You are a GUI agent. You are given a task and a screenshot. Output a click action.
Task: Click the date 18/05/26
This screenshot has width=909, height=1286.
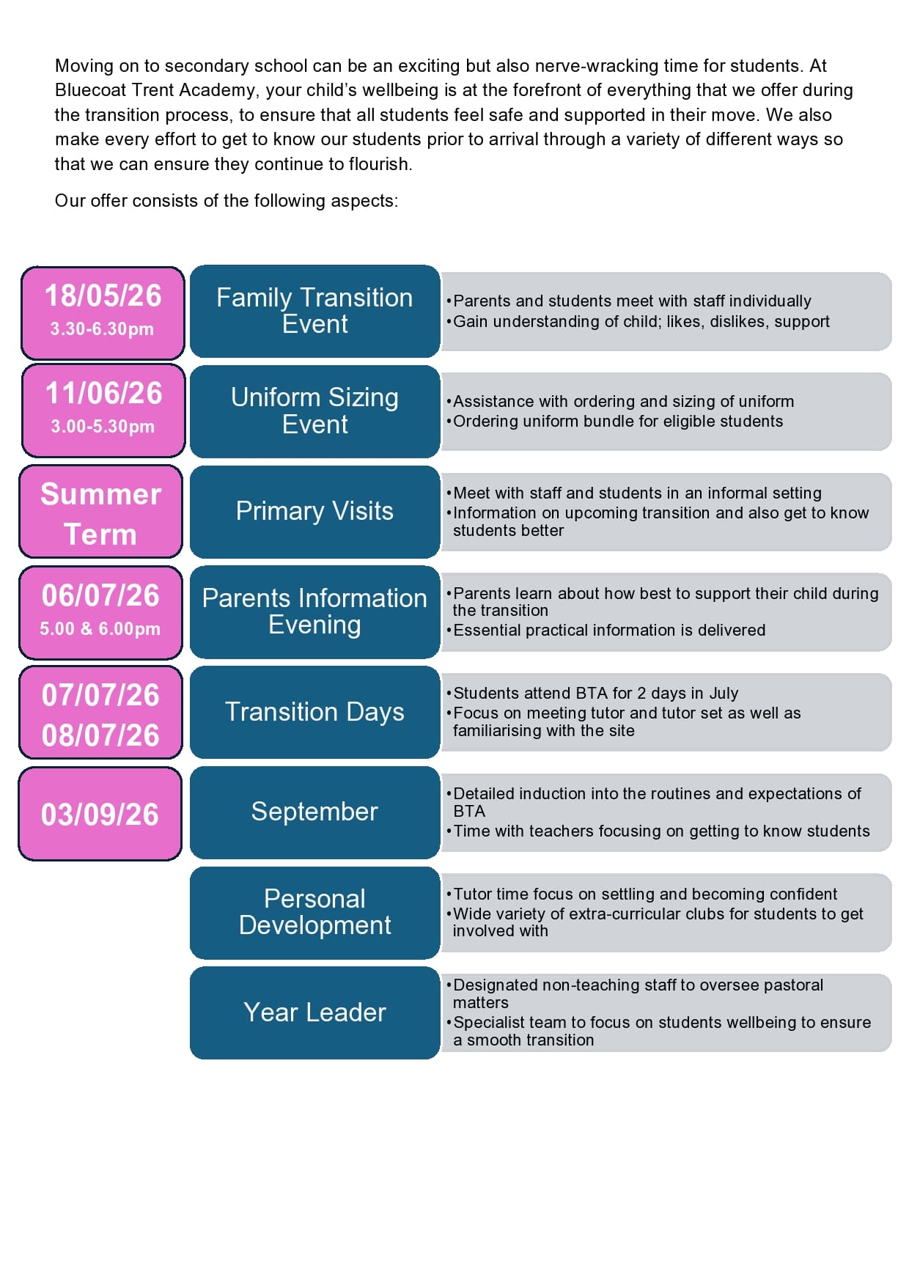point(103,296)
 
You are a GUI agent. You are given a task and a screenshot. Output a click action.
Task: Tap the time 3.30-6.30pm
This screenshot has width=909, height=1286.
point(102,329)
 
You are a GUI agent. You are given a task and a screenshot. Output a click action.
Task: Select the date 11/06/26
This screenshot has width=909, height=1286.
point(103,394)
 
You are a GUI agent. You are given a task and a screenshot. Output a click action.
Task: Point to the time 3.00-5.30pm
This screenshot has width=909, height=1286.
point(103,427)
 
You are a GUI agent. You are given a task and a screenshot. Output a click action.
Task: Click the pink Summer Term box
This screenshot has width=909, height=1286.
point(100,512)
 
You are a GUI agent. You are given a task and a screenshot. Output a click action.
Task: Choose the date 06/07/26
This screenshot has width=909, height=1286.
point(100,595)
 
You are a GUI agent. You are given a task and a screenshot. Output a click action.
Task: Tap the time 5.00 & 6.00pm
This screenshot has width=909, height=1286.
point(100,629)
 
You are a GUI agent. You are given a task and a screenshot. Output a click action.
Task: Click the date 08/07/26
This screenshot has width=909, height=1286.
point(100,735)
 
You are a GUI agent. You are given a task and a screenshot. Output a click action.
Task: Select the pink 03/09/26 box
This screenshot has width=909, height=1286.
point(100,814)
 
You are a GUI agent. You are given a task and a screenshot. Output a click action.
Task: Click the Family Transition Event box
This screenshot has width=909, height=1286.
point(314,311)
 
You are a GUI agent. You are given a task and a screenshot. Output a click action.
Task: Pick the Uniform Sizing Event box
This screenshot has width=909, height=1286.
point(314,411)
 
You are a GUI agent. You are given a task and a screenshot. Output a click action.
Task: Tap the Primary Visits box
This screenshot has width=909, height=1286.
point(314,511)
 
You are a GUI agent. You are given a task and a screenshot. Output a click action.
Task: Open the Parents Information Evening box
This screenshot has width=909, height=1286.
point(314,611)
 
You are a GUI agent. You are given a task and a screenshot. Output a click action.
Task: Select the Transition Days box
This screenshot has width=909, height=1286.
point(314,712)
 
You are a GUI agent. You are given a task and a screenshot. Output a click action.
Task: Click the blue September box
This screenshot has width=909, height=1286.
point(314,812)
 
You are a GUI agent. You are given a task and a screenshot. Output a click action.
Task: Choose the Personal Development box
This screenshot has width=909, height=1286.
point(314,912)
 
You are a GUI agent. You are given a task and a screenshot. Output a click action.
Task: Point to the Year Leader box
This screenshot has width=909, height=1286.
point(314,1013)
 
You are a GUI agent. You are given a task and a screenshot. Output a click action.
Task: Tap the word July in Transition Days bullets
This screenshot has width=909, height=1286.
point(724,694)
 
